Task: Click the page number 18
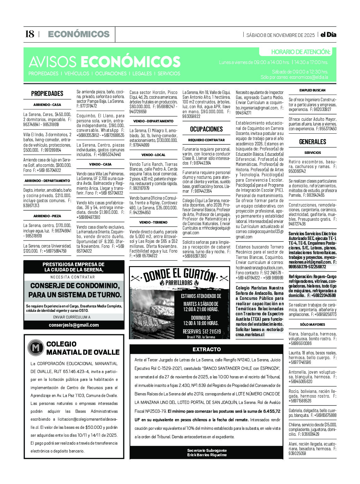click(30, 34)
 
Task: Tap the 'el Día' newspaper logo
click(328, 35)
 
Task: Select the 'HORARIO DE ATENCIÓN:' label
click(300, 52)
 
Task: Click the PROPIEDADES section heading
click(47, 94)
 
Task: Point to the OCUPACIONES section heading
click(206, 129)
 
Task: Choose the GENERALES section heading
click(312, 142)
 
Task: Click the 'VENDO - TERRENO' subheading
click(153, 222)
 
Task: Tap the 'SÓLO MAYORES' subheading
click(312, 324)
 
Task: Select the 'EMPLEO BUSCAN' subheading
click(312, 90)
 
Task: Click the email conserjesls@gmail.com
click(74, 325)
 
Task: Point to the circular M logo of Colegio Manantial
click(36, 348)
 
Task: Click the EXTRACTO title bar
click(206, 349)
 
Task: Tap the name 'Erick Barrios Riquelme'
click(207, 455)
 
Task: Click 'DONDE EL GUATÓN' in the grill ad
click(179, 275)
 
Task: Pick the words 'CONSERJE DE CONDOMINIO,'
click(75, 286)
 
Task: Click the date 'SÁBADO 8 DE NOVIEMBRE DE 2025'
click(280, 35)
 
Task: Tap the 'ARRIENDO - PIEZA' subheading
click(47, 216)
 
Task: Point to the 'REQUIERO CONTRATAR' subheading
click(206, 140)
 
